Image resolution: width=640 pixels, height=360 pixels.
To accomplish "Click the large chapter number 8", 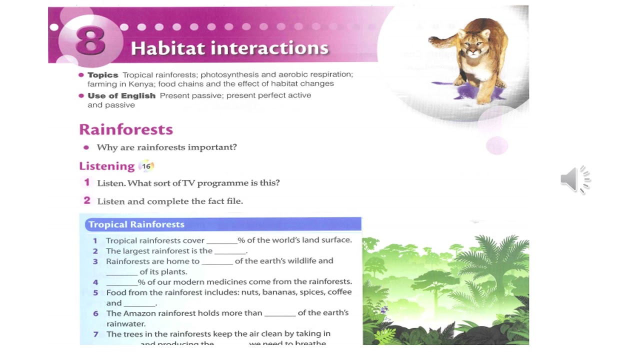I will pos(90,41).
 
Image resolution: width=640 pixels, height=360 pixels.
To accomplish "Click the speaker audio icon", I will pos(575,179).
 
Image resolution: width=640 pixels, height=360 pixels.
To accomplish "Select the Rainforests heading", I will pos(126,129).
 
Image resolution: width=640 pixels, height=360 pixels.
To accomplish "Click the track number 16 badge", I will pos(146,166).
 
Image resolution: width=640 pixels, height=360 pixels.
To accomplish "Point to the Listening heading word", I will pos(107,166).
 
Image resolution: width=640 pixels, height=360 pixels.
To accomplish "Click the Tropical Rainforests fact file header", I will pos(136,224).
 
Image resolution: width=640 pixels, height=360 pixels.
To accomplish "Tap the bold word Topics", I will pos(103,75).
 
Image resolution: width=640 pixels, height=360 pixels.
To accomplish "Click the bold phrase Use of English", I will pos(121,95).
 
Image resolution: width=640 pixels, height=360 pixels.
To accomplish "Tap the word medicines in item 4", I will pos(230,281).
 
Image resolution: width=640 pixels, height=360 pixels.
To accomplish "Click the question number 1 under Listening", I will pos(86,182).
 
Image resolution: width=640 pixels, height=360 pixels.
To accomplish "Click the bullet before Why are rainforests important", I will pos(86,147).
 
